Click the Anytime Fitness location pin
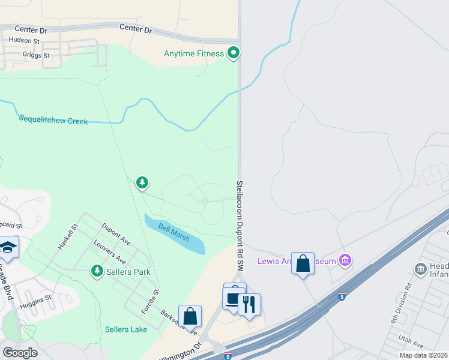pyautogui.click(x=234, y=53)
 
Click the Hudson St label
pyautogui.click(x=23, y=41)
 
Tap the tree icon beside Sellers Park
pyautogui.click(x=97, y=272)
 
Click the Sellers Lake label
pyautogui.click(x=125, y=329)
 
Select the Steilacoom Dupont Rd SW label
pyautogui.click(x=240, y=226)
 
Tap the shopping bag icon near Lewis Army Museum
pyautogui.click(x=303, y=263)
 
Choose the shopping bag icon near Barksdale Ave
pyautogui.click(x=190, y=316)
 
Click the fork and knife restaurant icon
pyautogui.click(x=250, y=304)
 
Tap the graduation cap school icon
pyautogui.click(x=7, y=247)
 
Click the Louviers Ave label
pyautogui.click(x=109, y=253)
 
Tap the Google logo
pyautogui.click(x=20, y=352)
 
